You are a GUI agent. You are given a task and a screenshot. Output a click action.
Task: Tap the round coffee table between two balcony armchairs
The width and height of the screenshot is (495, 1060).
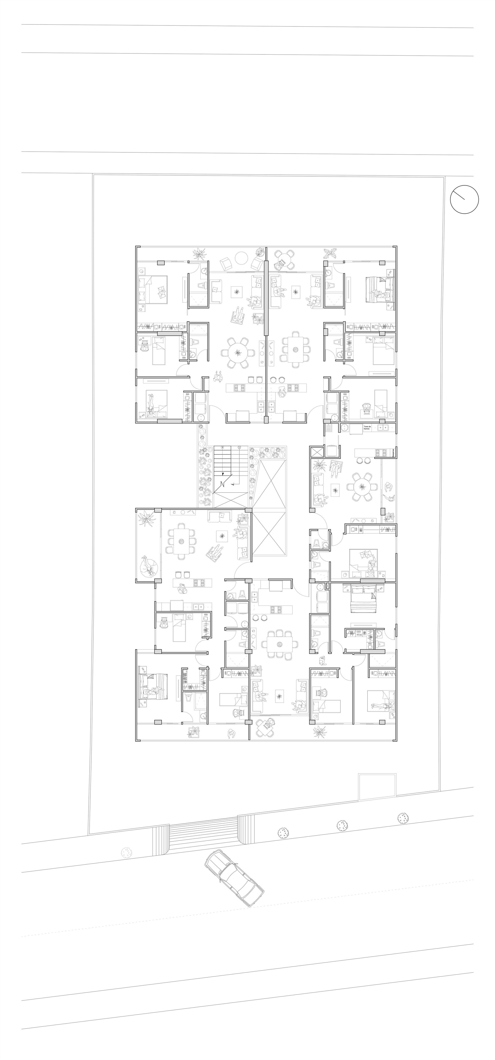tap(241, 259)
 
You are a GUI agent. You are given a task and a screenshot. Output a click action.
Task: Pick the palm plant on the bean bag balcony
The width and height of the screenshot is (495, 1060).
tap(145, 518)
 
